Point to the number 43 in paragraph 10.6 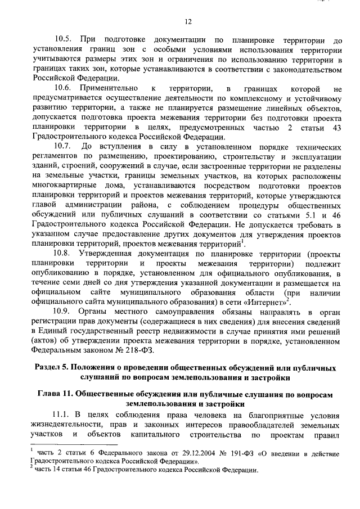click(336, 128)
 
